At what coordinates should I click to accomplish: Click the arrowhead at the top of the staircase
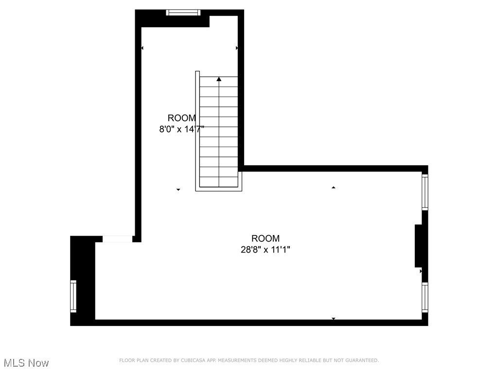click(219, 79)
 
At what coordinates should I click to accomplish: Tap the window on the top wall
click(183, 13)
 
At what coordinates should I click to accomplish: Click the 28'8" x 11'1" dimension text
click(266, 250)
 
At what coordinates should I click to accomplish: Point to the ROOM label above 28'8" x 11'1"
click(266, 238)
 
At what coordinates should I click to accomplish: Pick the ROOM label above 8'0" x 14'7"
click(182, 118)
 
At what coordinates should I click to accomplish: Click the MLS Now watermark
click(26, 363)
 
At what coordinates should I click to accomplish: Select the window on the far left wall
click(73, 296)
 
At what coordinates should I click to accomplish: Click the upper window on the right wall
click(425, 192)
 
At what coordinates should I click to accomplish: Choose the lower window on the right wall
click(425, 297)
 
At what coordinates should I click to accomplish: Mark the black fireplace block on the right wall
click(418, 245)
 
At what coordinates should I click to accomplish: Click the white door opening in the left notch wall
click(117, 238)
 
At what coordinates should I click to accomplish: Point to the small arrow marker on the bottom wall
click(334, 319)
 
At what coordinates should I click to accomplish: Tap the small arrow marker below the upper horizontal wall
click(334, 187)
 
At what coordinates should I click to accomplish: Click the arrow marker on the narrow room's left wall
click(142, 48)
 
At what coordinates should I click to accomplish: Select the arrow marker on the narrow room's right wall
click(237, 48)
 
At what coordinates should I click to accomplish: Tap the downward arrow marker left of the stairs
click(178, 189)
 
